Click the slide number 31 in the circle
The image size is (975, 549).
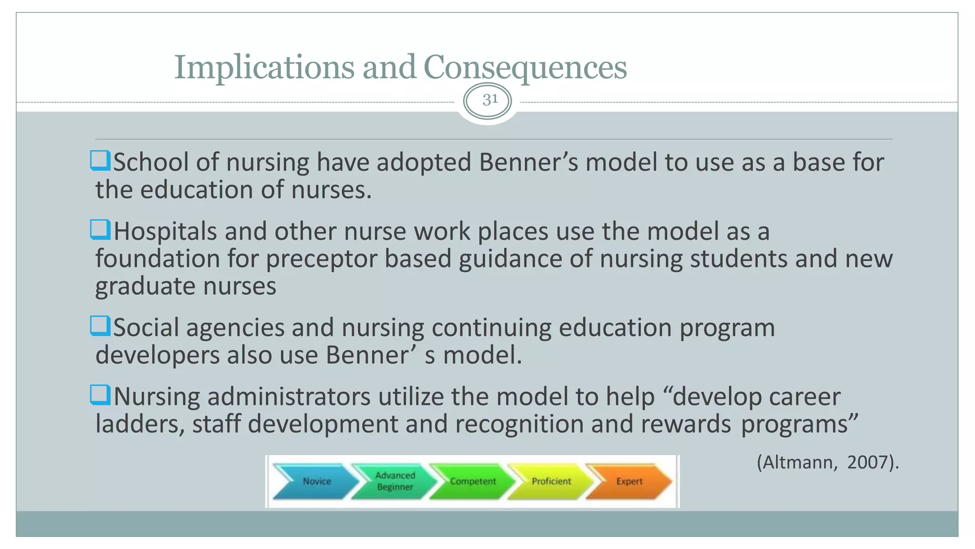point(489,100)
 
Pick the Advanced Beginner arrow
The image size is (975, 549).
point(395,481)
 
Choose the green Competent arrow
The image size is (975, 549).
point(472,481)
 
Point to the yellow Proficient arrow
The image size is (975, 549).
point(551,481)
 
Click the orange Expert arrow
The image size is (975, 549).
point(629,481)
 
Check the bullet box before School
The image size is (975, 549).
point(100,161)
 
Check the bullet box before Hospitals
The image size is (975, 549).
point(100,230)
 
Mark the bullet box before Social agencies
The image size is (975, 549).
point(100,326)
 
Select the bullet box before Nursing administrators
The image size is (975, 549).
point(100,395)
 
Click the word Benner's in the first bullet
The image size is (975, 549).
point(528,163)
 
